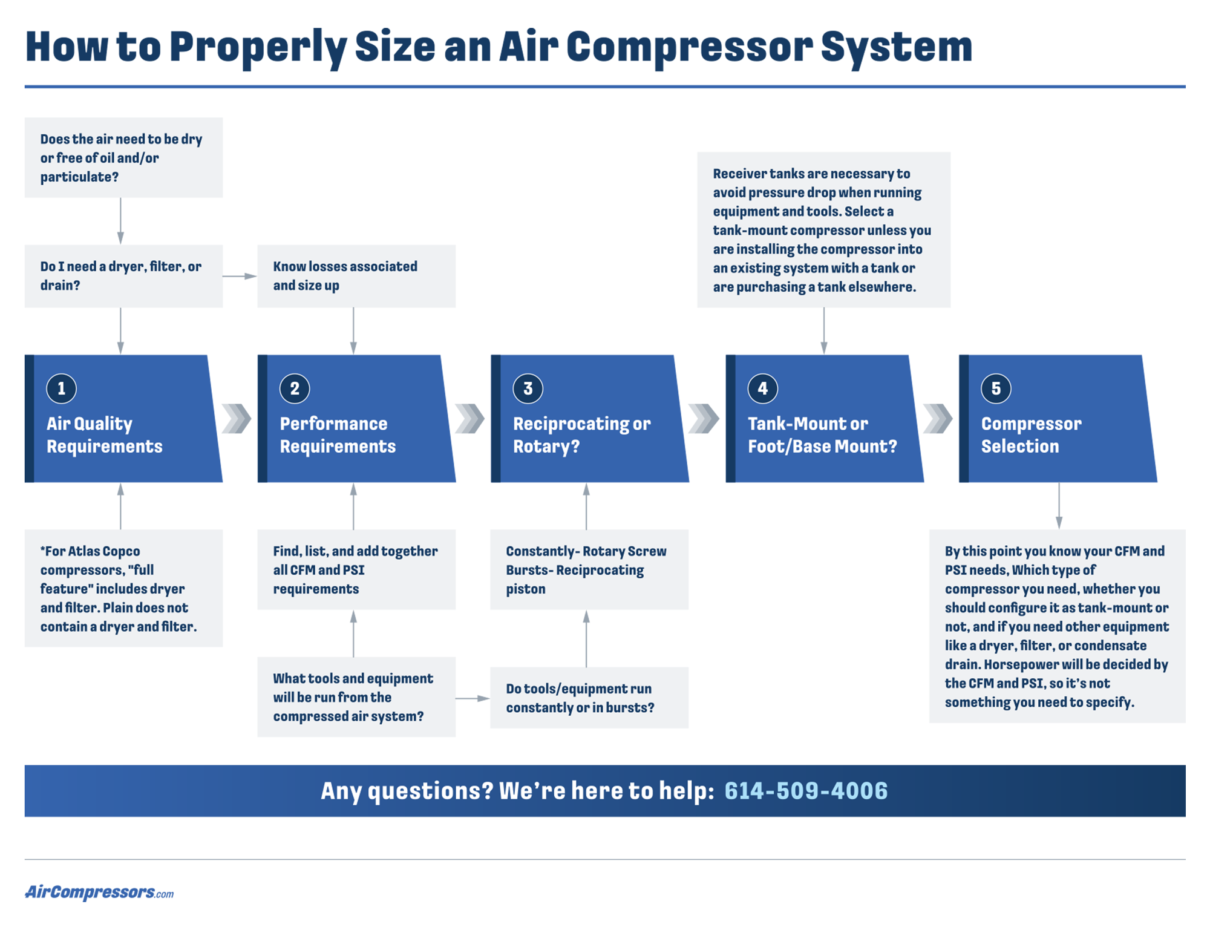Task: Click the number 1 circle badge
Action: tap(61, 388)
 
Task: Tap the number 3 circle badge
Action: tap(528, 388)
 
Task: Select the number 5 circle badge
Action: tap(995, 388)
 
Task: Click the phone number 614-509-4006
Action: tap(805, 791)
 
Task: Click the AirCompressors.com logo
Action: tap(99, 892)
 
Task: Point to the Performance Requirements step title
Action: tap(337, 435)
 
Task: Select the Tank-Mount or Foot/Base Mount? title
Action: tap(822, 435)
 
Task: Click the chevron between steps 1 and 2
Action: tap(237, 419)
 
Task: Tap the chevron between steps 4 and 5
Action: tap(937, 419)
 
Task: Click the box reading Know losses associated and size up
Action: tap(356, 276)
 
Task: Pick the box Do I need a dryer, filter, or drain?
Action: tap(123, 276)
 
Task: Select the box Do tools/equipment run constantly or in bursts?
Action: tap(589, 698)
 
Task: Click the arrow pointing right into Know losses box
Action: tap(240, 276)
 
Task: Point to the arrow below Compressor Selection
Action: tap(1059, 506)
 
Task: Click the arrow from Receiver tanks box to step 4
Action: tap(823, 331)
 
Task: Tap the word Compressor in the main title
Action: tap(689, 47)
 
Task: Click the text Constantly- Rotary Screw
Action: tap(586, 551)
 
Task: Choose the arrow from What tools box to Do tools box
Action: tap(473, 698)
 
